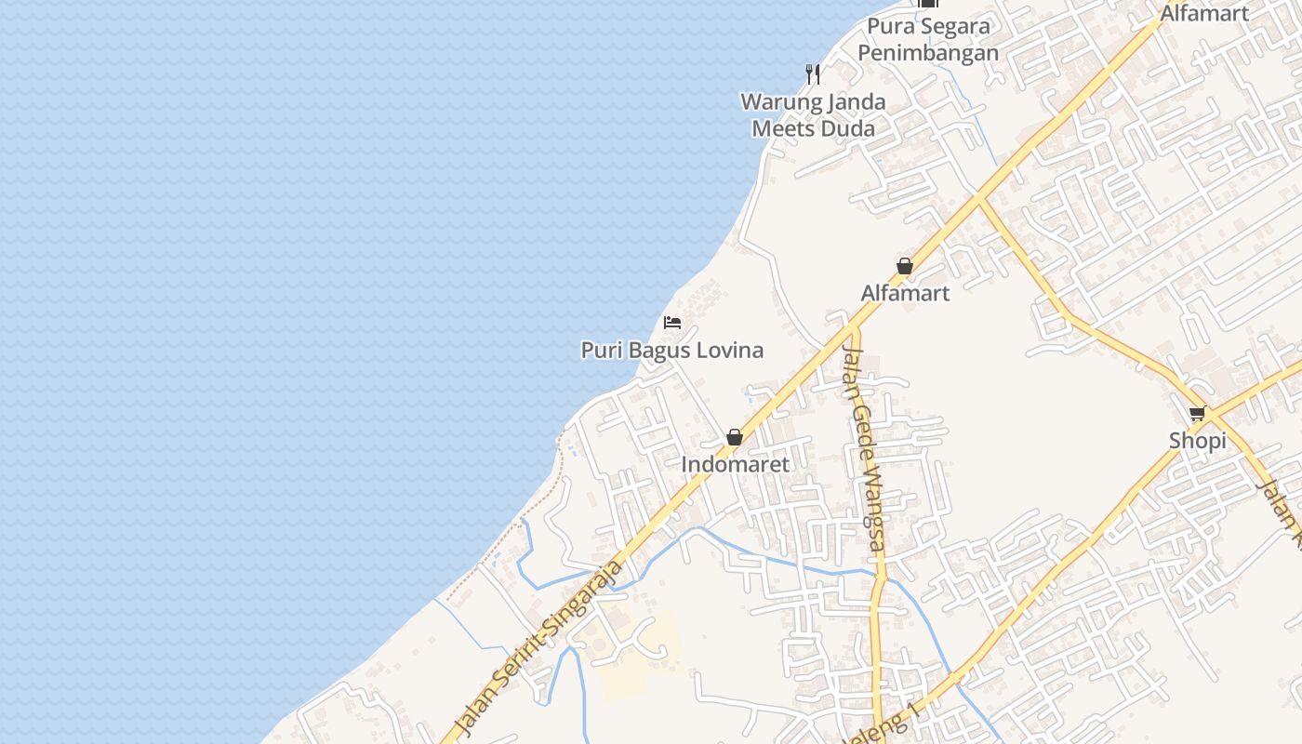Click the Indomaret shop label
pos(735,464)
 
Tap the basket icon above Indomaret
pos(735,437)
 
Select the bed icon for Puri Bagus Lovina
pos(672,323)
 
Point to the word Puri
pos(600,351)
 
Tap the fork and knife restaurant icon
pos(813,73)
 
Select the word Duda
pos(846,128)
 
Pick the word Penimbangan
pos(928,53)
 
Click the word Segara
pos(954,26)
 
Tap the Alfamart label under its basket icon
pos(905,293)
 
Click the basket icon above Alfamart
pos(905,267)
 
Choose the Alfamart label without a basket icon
pos(1203,13)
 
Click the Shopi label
pos(1197,441)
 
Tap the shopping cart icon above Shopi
pos(1197,414)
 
